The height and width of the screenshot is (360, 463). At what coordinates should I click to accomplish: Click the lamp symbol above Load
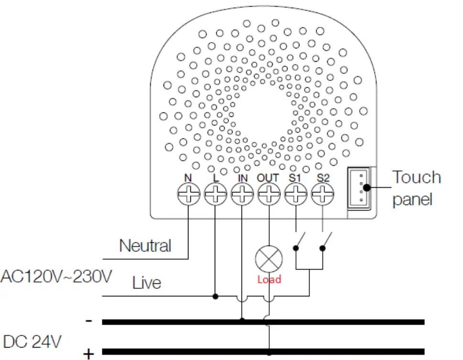269,260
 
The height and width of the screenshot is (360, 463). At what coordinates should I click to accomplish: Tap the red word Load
269,280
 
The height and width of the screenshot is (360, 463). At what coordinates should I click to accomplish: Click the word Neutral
145,246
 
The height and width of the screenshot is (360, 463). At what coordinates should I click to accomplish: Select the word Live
146,282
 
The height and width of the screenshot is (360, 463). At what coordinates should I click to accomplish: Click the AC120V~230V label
57,276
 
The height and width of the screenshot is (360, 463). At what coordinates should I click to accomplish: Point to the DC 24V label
32,342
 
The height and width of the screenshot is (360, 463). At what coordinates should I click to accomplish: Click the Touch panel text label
416,188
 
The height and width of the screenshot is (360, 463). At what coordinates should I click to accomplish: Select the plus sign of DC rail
89,354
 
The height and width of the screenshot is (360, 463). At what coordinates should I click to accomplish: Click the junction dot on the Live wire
216,297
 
